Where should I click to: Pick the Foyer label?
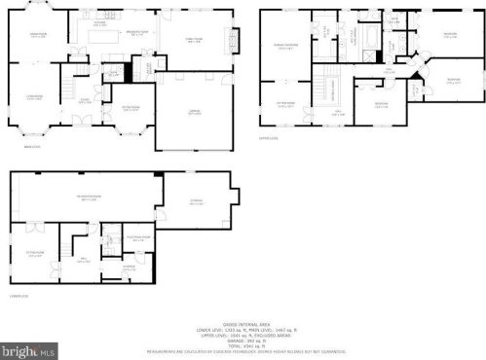coord(86,100)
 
